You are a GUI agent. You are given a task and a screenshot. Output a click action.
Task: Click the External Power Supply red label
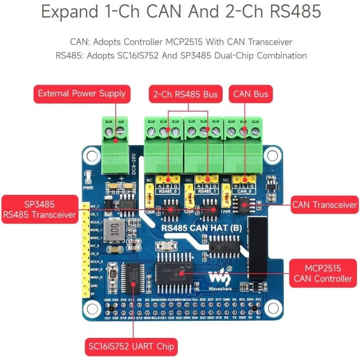tap(81, 94)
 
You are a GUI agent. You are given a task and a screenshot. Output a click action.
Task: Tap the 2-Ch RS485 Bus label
tap(185, 94)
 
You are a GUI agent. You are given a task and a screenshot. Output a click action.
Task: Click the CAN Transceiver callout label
tap(324, 205)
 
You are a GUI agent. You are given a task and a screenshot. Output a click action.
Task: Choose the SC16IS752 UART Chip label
tap(131, 347)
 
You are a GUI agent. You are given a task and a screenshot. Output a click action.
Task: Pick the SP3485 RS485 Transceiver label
tap(39, 209)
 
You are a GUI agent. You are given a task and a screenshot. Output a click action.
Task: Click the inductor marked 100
tap(114, 230)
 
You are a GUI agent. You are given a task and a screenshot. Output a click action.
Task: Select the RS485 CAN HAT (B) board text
tap(202, 228)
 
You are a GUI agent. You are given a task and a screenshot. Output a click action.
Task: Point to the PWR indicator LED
tap(88, 176)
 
